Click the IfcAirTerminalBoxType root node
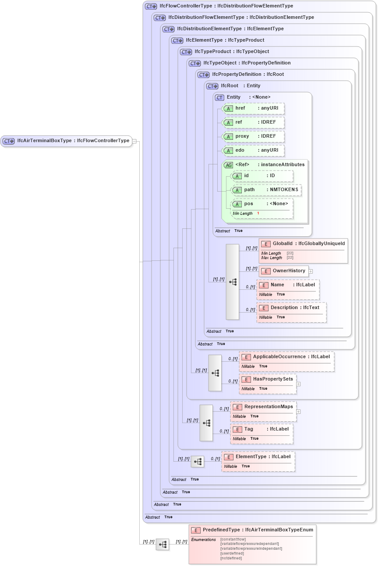(66, 141)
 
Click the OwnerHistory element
(284, 271)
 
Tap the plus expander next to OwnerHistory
(311, 271)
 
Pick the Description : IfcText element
(292, 308)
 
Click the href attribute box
(254, 108)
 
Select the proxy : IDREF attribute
(254, 136)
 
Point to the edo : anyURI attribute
(254, 150)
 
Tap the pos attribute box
(262, 204)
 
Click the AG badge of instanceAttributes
(228, 165)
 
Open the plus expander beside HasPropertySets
(298, 384)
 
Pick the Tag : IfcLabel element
(262, 429)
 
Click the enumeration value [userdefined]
(232, 553)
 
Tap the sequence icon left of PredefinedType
(163, 545)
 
